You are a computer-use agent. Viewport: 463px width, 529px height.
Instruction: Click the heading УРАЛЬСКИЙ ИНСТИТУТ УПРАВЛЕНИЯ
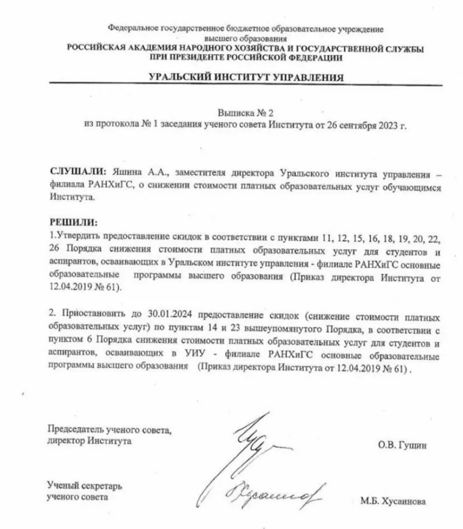point(246,77)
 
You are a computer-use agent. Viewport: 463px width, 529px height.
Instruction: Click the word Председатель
point(74,429)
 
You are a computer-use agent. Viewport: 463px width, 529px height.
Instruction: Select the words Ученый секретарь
point(85,486)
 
